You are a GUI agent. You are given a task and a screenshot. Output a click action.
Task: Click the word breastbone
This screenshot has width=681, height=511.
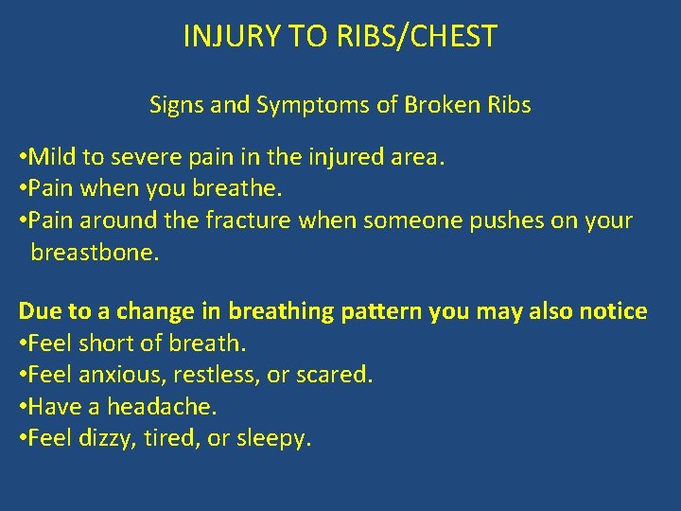click(93, 253)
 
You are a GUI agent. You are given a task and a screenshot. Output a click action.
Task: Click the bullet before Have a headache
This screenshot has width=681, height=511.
click(23, 407)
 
